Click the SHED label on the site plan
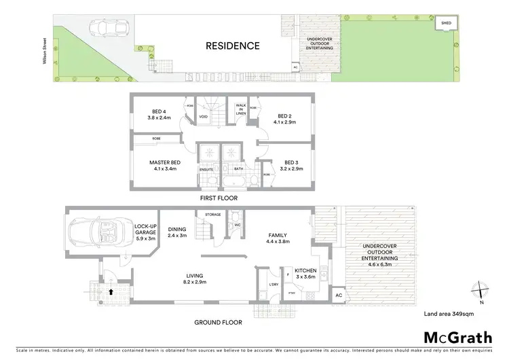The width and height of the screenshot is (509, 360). tap(447, 22)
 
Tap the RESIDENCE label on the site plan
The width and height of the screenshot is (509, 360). tap(233, 46)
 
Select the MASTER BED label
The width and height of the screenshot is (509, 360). tap(165, 165)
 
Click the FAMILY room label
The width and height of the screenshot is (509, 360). tap(279, 236)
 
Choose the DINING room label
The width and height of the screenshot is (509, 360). tap(176, 233)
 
